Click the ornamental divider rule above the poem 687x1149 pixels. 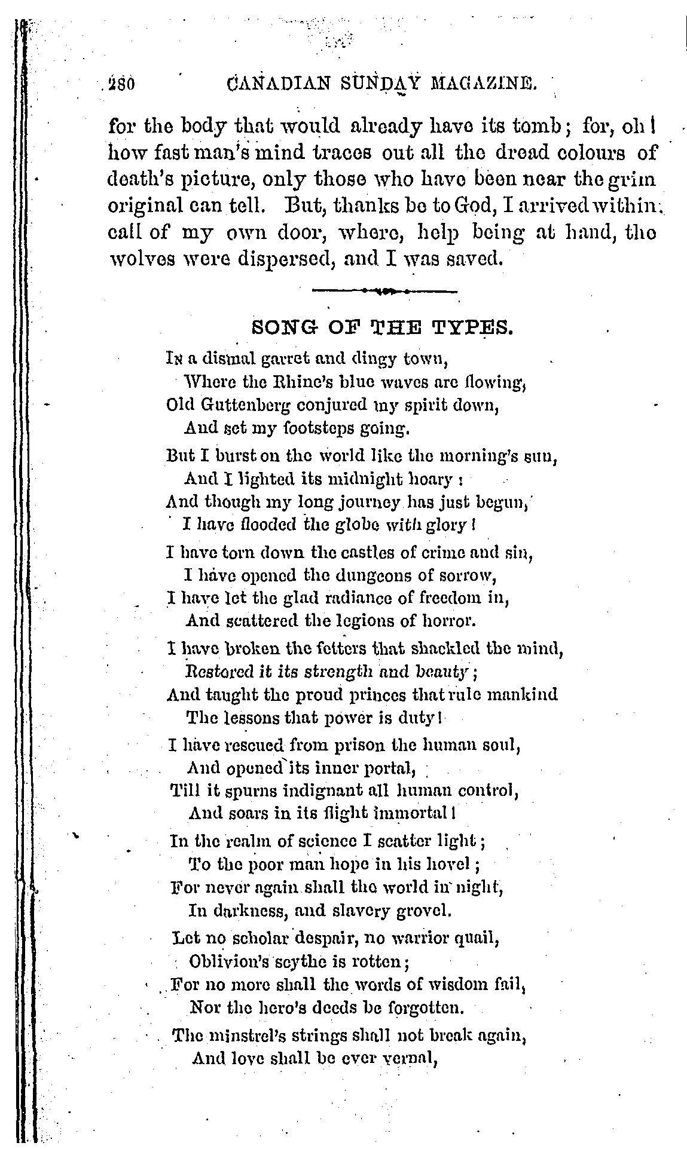pos(384,291)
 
